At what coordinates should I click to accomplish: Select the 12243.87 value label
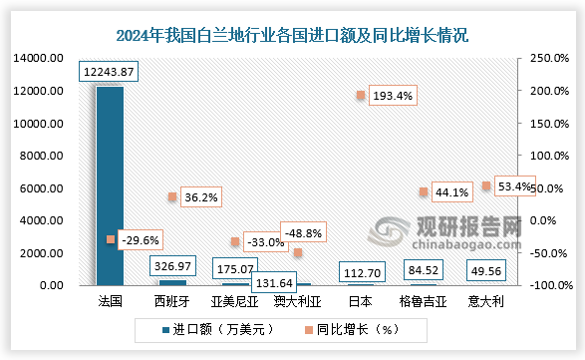(110, 72)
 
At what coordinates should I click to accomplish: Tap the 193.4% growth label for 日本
(393, 96)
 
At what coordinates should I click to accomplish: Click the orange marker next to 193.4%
(360, 96)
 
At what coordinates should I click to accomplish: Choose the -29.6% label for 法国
(139, 239)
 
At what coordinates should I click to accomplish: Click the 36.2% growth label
(201, 197)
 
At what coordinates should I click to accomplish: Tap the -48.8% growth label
(305, 233)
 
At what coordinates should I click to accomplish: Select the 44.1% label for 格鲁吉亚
(453, 192)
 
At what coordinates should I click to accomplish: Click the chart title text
(293, 35)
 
